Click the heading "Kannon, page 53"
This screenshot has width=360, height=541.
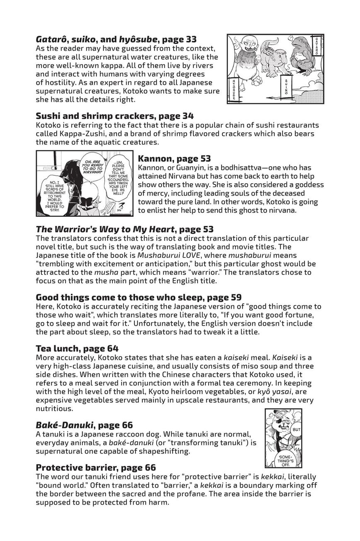[174, 158]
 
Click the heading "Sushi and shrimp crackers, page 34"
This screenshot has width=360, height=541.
[115, 116]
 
